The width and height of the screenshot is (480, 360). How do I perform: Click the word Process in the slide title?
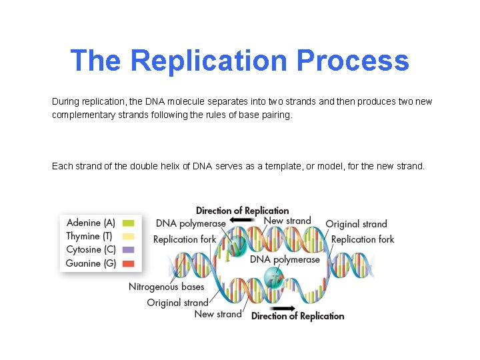pyautogui.click(x=353, y=61)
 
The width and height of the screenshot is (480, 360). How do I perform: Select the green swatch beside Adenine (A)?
pyautogui.click(x=129, y=223)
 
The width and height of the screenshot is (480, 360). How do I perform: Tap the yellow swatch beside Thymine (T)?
pyautogui.click(x=129, y=236)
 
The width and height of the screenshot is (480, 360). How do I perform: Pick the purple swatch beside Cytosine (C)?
pyautogui.click(x=129, y=250)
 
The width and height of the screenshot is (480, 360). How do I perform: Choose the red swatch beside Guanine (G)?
pyautogui.click(x=129, y=263)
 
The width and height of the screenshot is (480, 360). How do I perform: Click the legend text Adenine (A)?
pyautogui.click(x=91, y=223)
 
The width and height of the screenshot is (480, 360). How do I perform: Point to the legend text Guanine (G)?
pyautogui.click(x=91, y=263)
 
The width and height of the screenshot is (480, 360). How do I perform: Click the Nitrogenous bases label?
pyautogui.click(x=166, y=287)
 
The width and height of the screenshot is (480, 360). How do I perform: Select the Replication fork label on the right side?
pyautogui.click(x=363, y=239)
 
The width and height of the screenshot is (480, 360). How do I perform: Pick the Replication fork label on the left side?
pyautogui.click(x=185, y=239)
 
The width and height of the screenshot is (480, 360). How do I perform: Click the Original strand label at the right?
pyautogui.click(x=356, y=224)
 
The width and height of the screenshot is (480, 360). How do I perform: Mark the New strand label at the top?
pyautogui.click(x=287, y=221)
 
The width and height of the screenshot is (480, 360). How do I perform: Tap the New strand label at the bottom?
pyautogui.click(x=217, y=314)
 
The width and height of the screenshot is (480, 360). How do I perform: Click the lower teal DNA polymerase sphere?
pyautogui.click(x=274, y=275)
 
